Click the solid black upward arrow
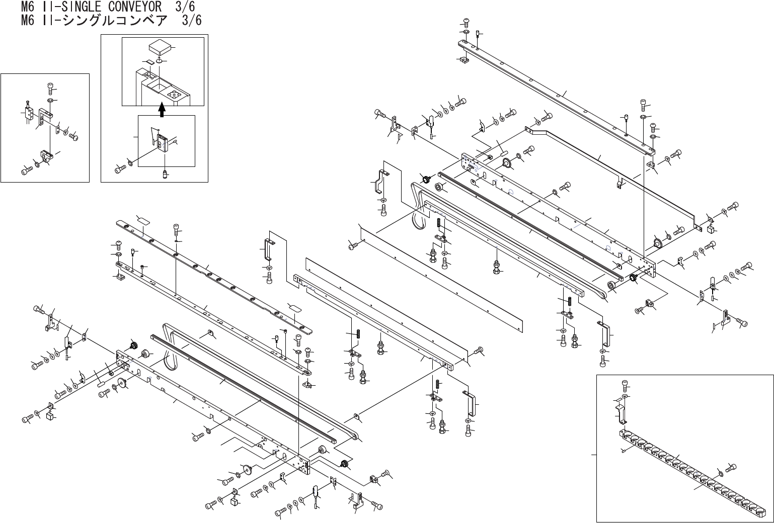click(x=162, y=110)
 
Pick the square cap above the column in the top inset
click(x=160, y=49)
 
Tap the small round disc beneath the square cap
click(x=159, y=61)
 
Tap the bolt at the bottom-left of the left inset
click(x=26, y=170)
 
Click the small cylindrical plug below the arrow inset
click(x=164, y=174)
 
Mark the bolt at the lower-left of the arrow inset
click(x=120, y=169)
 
